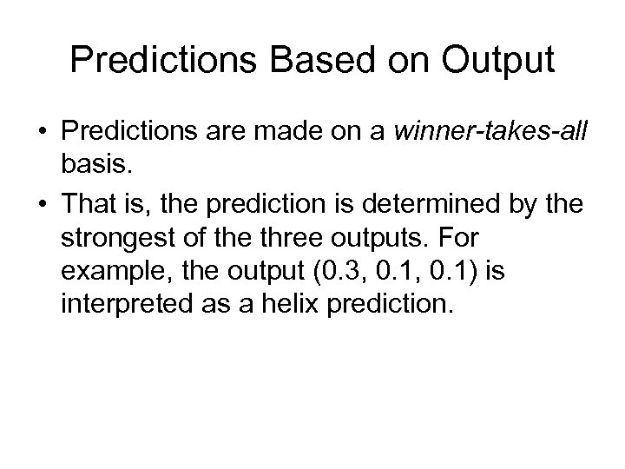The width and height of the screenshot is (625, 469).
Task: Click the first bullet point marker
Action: coord(43,134)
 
